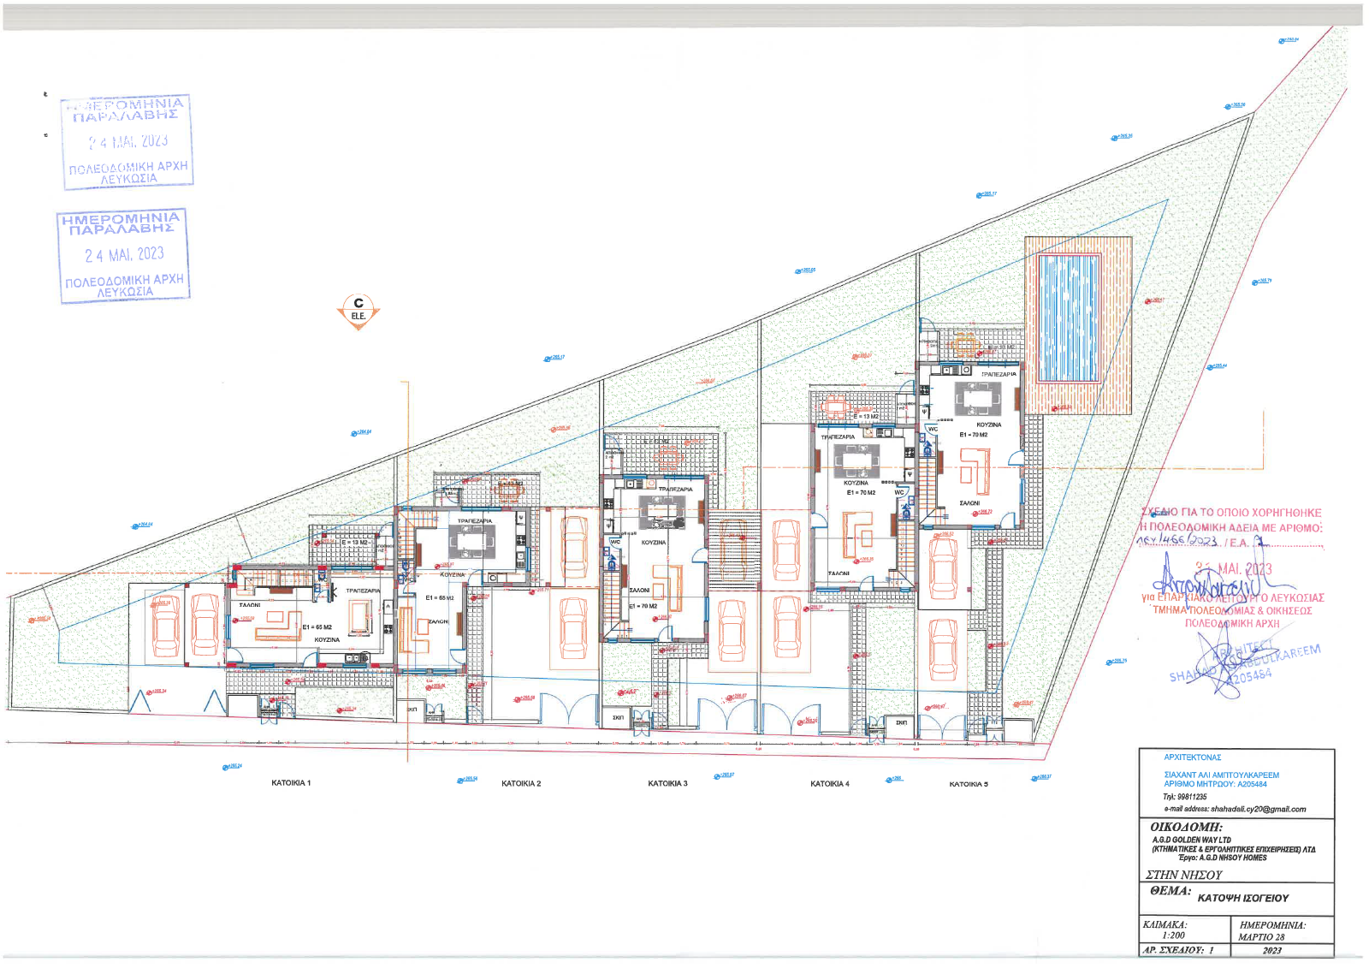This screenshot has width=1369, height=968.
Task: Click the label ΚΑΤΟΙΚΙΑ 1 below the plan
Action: tap(291, 783)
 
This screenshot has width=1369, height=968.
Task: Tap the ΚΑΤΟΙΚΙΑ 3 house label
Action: tap(667, 784)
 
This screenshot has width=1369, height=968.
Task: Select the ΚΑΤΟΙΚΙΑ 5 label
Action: tap(969, 784)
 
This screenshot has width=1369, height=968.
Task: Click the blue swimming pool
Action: tap(1068, 318)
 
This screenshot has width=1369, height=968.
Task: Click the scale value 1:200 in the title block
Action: tap(1173, 935)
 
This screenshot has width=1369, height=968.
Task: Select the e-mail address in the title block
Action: tap(1235, 809)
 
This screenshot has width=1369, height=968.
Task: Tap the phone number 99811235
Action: tap(1191, 797)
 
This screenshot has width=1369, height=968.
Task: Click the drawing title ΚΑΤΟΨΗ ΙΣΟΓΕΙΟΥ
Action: tap(1242, 898)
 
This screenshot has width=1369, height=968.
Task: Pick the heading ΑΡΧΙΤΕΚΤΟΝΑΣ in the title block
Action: tap(1192, 757)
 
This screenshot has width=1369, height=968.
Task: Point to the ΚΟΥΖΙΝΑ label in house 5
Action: tap(988, 425)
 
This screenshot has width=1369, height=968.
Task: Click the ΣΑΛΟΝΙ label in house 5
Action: tap(969, 503)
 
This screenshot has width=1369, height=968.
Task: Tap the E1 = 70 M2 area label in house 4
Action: tap(861, 493)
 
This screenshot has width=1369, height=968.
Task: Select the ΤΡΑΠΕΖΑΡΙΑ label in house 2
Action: tap(475, 521)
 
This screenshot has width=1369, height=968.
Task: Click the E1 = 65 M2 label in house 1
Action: tap(317, 627)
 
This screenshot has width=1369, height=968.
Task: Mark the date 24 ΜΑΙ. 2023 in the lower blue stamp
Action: tap(124, 254)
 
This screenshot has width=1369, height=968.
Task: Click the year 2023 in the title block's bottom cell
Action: tap(1271, 950)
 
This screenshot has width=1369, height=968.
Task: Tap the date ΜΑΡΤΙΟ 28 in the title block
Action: tap(1261, 937)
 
